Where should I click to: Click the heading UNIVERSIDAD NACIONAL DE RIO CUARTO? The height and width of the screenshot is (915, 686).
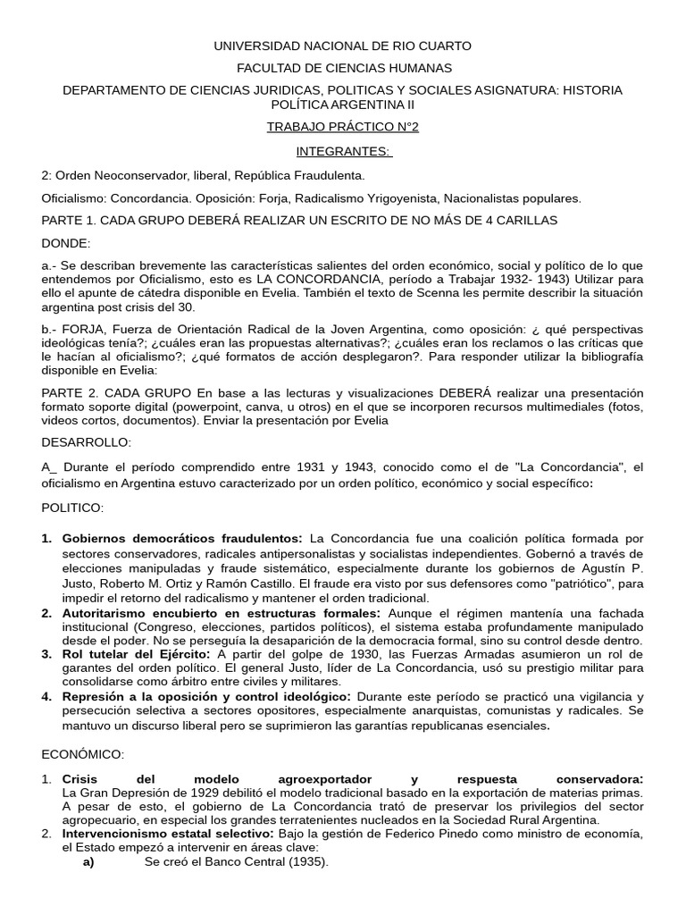click(x=343, y=46)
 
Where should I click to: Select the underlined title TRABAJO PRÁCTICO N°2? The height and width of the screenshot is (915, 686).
click(x=343, y=127)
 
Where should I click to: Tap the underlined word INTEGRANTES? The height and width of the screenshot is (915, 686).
click(x=343, y=151)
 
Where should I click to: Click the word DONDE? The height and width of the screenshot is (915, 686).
click(x=66, y=243)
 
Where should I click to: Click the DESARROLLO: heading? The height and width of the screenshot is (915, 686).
click(x=86, y=442)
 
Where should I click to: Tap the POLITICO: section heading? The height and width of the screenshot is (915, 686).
click(x=72, y=508)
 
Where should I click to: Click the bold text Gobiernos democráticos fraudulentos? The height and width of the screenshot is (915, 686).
click(x=182, y=539)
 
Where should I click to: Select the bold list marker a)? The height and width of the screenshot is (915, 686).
click(x=88, y=862)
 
